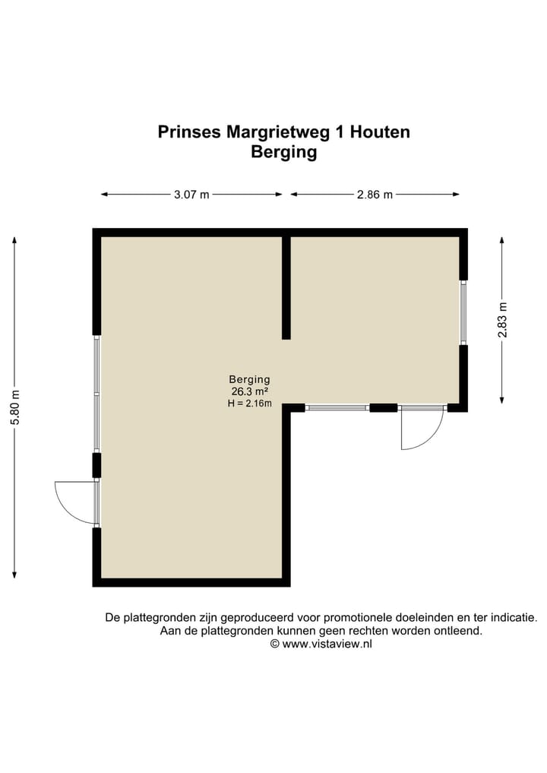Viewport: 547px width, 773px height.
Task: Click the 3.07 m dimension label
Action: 191,195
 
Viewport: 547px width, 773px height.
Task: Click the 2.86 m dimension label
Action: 375,195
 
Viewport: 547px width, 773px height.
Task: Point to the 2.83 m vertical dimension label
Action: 502,320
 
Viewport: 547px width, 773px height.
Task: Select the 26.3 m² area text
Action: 250,391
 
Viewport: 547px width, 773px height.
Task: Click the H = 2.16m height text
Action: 250,404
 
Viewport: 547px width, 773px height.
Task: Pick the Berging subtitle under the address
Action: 283,152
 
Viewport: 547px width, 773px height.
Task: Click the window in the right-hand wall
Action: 463,312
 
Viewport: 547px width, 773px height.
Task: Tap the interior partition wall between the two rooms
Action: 286,287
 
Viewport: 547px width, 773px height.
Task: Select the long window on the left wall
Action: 96,393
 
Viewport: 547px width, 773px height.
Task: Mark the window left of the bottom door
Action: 337,408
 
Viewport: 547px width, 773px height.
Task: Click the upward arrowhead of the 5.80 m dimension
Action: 14,239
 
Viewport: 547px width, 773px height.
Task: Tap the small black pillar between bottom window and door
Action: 383,408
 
